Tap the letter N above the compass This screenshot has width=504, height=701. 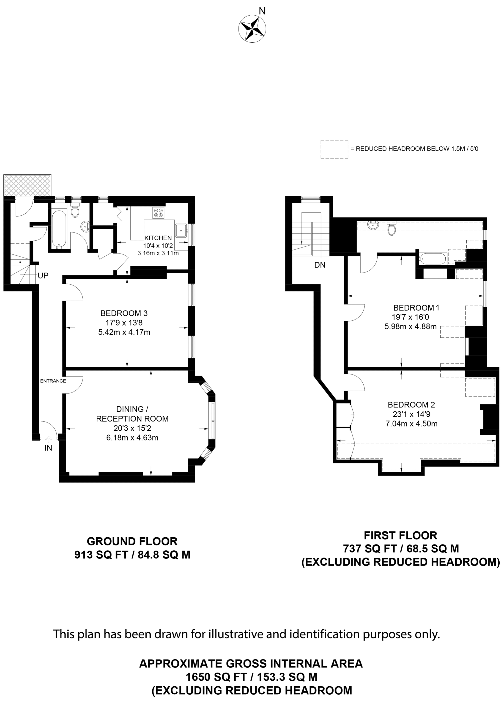(262, 11)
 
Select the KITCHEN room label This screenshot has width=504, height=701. (158, 238)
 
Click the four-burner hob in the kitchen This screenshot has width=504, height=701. (158, 213)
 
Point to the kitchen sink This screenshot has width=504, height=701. (181, 230)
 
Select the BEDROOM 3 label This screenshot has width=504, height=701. (124, 313)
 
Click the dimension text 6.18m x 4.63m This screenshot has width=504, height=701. (132, 438)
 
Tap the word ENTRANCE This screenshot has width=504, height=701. (53, 381)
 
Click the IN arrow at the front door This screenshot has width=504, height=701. (49, 439)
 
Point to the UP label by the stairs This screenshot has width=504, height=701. (43, 275)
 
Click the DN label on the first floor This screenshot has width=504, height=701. (320, 265)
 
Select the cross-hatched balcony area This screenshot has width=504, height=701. (27, 185)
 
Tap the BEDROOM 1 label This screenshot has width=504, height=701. (416, 308)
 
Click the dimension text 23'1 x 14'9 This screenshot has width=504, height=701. (411, 414)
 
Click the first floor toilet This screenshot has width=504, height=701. (392, 229)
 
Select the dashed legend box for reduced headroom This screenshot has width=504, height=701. (334, 149)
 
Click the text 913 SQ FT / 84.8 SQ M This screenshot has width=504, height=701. (132, 555)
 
